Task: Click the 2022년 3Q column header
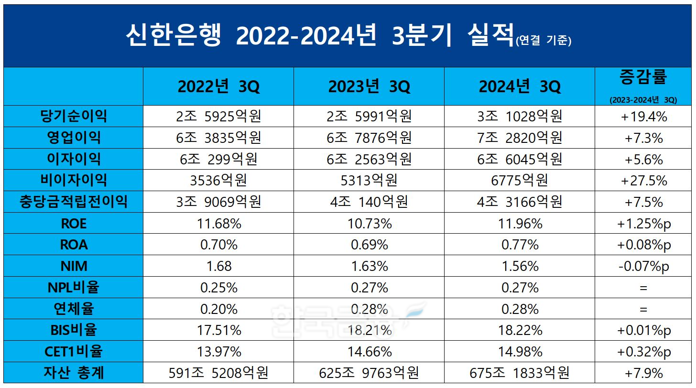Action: [x=218, y=86]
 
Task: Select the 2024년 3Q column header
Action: [x=520, y=86]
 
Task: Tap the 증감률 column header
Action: [x=643, y=76]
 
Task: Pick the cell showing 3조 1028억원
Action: [x=520, y=116]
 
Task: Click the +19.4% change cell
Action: [x=643, y=117]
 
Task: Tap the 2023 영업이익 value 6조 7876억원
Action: [x=369, y=138]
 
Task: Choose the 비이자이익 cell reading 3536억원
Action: [x=218, y=180]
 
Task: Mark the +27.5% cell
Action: [x=643, y=180]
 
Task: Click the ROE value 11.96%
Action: [x=520, y=223]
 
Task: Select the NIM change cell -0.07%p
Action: [x=643, y=266]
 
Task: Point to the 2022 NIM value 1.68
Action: [x=218, y=266]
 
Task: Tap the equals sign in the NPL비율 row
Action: [x=643, y=288]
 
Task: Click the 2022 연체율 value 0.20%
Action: [x=218, y=309]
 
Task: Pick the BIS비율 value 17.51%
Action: [x=218, y=330]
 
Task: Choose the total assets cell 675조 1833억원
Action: [x=520, y=373]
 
